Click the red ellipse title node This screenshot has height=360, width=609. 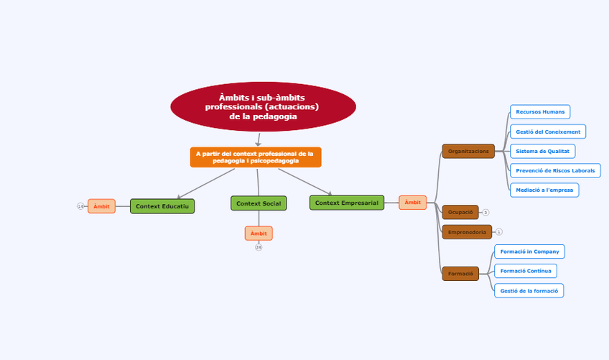click(263, 107)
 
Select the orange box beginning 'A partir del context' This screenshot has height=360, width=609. click(255, 157)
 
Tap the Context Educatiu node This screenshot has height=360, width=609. click(162, 206)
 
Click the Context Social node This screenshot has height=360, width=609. click(259, 203)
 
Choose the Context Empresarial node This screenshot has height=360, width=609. click(347, 203)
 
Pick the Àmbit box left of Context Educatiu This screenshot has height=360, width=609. click(101, 206)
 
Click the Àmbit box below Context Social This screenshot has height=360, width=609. click(259, 234)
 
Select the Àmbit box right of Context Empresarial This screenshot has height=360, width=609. click(413, 203)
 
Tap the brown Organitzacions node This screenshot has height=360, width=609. click(468, 151)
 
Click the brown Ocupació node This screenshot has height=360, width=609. click(460, 212)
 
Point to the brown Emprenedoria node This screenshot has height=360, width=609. click(467, 232)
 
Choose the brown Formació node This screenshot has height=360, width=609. click(460, 274)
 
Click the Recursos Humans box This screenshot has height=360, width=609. click(540, 111)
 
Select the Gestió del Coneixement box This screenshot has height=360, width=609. click(548, 131)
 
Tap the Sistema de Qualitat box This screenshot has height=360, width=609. click(542, 151)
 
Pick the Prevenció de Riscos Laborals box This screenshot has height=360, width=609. click(555, 170)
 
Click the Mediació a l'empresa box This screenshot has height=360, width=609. click(544, 190)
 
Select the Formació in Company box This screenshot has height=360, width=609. click(529, 251)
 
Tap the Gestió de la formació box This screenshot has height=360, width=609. click(529, 290)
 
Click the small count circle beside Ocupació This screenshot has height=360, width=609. click(485, 213)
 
